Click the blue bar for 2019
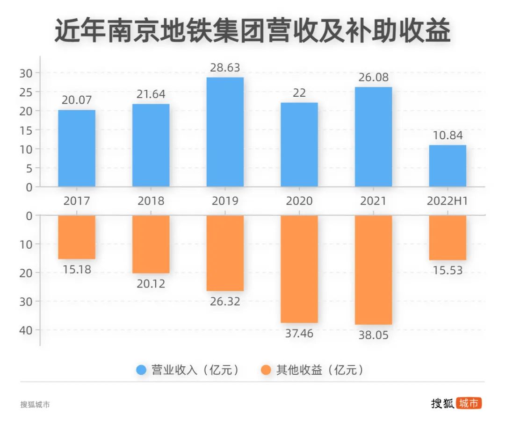click(x=225, y=132)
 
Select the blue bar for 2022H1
click(x=447, y=166)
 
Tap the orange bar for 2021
click(x=373, y=270)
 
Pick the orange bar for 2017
click(x=77, y=237)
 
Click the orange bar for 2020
click(x=299, y=269)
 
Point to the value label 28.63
click(x=225, y=68)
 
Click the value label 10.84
click(x=447, y=136)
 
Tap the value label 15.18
click(x=77, y=269)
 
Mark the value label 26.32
click(x=225, y=301)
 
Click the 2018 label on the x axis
click(x=151, y=201)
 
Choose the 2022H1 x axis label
click(x=447, y=201)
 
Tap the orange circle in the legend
click(x=266, y=370)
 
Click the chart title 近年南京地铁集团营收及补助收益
click(x=252, y=31)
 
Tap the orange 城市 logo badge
click(x=469, y=403)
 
